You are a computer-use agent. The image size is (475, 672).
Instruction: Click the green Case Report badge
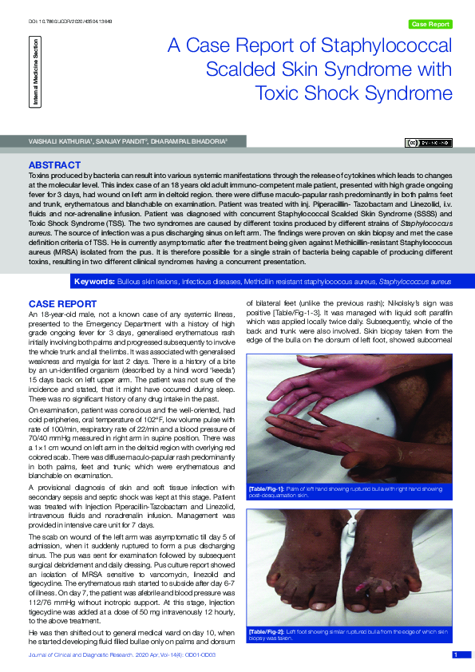coord(429,25)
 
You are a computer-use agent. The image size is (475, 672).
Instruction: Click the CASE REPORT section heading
coord(62,304)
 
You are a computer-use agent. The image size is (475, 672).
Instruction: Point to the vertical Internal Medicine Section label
coord(35,73)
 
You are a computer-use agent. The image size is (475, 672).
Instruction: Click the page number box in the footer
coord(456,655)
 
